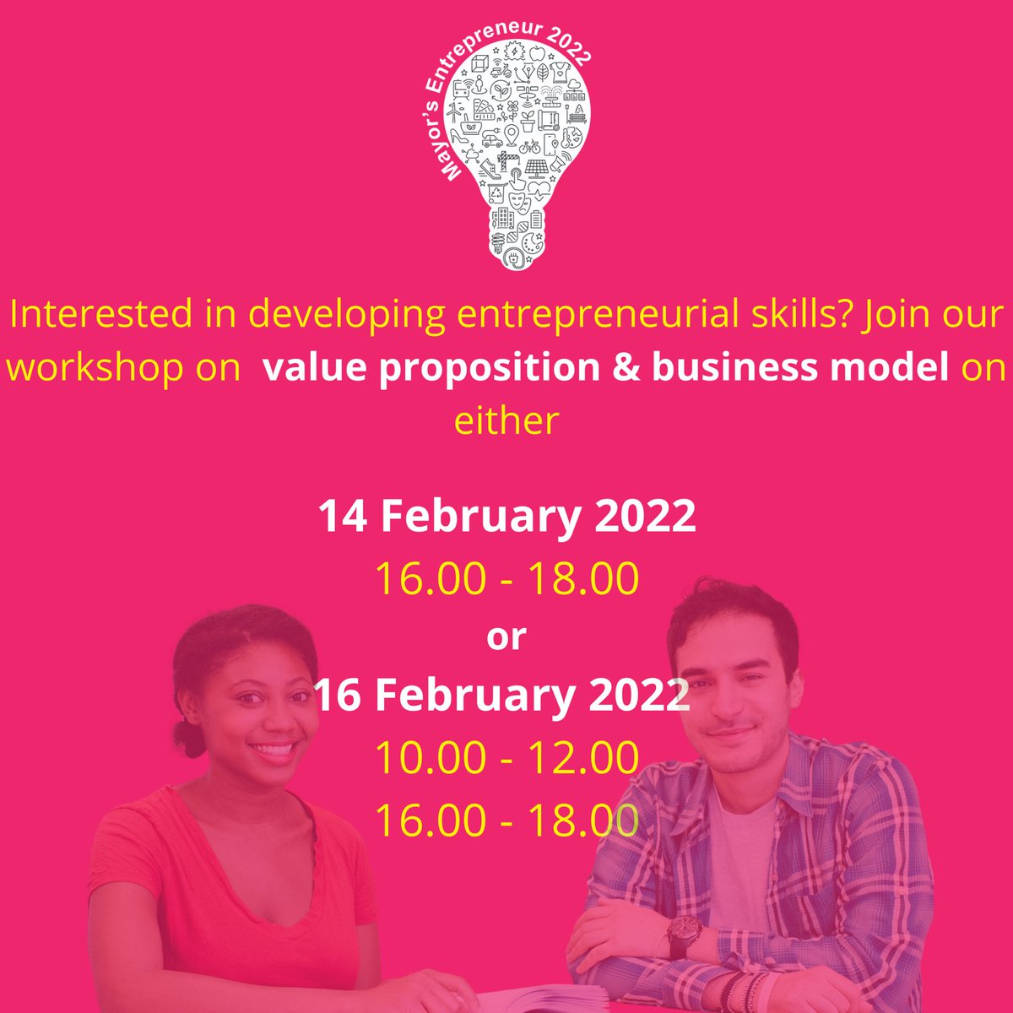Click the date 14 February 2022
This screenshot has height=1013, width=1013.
(506, 517)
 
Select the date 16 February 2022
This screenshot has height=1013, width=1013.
(503, 696)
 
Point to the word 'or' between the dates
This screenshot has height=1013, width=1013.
(506, 637)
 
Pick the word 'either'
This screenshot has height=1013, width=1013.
(506, 420)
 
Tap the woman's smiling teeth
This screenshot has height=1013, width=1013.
(274, 750)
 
